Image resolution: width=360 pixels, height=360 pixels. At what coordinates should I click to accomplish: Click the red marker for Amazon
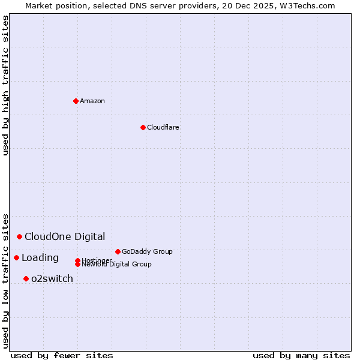pos(76,101)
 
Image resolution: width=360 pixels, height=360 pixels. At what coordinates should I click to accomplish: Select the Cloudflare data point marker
pos(143,127)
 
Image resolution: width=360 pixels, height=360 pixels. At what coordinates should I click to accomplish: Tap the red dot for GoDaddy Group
pos(118,251)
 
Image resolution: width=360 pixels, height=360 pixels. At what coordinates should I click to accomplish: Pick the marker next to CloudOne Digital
pos(19,236)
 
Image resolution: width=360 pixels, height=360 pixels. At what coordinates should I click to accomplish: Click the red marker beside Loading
pos(16,257)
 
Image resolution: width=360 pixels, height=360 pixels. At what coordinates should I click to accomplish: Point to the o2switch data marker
pos(26,278)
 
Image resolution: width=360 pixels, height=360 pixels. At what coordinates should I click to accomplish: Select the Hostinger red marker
pos(77,260)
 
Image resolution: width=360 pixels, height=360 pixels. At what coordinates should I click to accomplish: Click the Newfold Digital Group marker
pos(77,264)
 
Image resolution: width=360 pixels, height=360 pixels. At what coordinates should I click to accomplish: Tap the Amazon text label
pos(92,101)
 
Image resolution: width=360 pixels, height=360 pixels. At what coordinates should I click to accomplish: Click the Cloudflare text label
pos(163,127)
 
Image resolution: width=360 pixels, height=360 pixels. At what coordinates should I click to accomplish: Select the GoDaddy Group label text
pos(147,251)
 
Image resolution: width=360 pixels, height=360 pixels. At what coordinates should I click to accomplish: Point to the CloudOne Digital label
pos(65,236)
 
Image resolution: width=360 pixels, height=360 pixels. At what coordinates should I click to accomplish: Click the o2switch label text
pos(52,278)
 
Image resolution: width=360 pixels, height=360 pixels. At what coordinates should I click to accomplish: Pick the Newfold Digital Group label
pos(116,264)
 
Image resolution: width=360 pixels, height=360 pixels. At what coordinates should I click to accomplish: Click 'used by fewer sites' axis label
pos(62,355)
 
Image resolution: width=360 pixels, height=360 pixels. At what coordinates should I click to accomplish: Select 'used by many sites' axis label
pos(301,355)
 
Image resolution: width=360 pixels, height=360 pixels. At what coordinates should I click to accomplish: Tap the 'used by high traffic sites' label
pos(5,85)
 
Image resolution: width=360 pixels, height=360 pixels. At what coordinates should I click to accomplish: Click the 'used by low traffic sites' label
pos(5,280)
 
